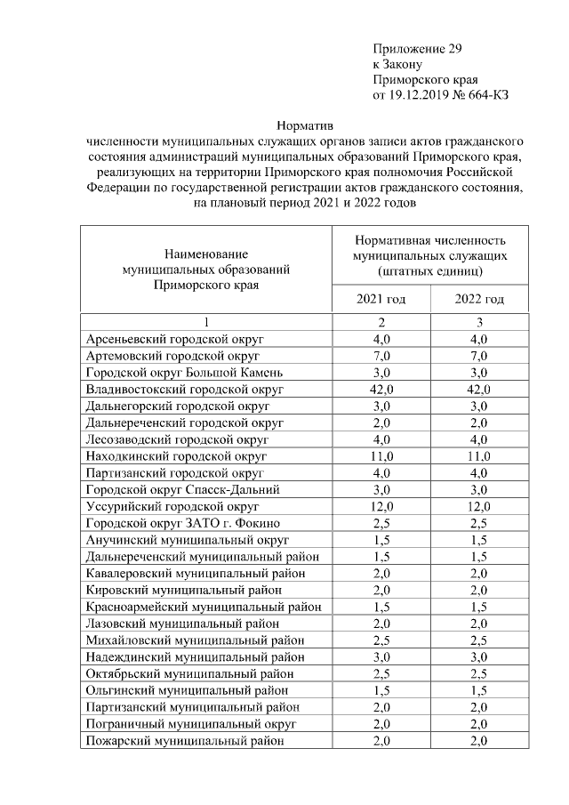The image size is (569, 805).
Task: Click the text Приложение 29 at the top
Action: [417, 48]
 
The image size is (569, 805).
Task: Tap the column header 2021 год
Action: [381, 299]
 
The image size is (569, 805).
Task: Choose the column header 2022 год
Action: [479, 299]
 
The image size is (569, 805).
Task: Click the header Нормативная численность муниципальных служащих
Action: [429, 254]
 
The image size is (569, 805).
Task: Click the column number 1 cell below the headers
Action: [205, 323]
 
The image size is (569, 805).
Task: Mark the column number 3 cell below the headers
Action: [479, 323]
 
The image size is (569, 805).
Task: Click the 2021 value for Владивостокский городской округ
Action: [381, 390]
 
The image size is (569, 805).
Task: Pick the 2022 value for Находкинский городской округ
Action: [479, 456]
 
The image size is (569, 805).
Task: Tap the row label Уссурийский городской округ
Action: [172, 506]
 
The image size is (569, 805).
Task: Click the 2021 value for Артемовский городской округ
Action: [381, 357]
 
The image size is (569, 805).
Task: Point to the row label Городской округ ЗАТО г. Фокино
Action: [182, 523]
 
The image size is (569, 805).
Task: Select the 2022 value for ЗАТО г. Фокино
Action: [479, 523]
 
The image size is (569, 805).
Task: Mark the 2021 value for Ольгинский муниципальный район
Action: [381, 690]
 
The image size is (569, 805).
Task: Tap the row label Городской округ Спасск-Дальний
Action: [182, 490]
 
